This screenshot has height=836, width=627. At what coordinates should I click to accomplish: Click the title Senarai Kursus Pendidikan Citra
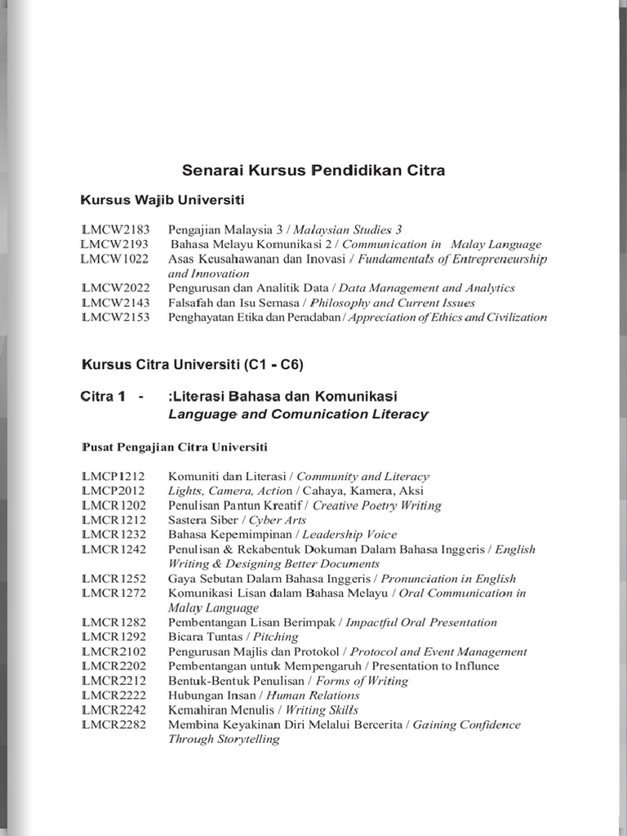point(313,171)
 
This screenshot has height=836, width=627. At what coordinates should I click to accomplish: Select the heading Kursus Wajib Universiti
point(162,200)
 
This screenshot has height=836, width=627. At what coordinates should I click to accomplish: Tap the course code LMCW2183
point(116,229)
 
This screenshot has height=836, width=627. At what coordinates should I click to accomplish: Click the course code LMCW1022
point(114,259)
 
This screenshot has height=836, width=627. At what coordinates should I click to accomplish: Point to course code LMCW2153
point(116,318)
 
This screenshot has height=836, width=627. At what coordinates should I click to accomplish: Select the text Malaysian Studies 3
point(347,229)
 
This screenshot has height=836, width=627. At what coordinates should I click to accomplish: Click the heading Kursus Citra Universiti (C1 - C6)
point(198,364)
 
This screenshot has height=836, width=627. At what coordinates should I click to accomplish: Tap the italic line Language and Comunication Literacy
point(298,414)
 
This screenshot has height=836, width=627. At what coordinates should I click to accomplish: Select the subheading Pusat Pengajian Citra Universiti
point(175,447)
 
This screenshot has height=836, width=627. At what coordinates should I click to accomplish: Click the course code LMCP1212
point(113,476)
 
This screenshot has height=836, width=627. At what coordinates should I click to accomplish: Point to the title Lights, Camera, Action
point(230,491)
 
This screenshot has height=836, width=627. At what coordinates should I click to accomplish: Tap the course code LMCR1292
point(113,637)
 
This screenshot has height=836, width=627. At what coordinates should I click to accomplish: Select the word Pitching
point(276,637)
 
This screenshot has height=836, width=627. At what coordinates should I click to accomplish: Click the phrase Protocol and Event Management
point(438,651)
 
